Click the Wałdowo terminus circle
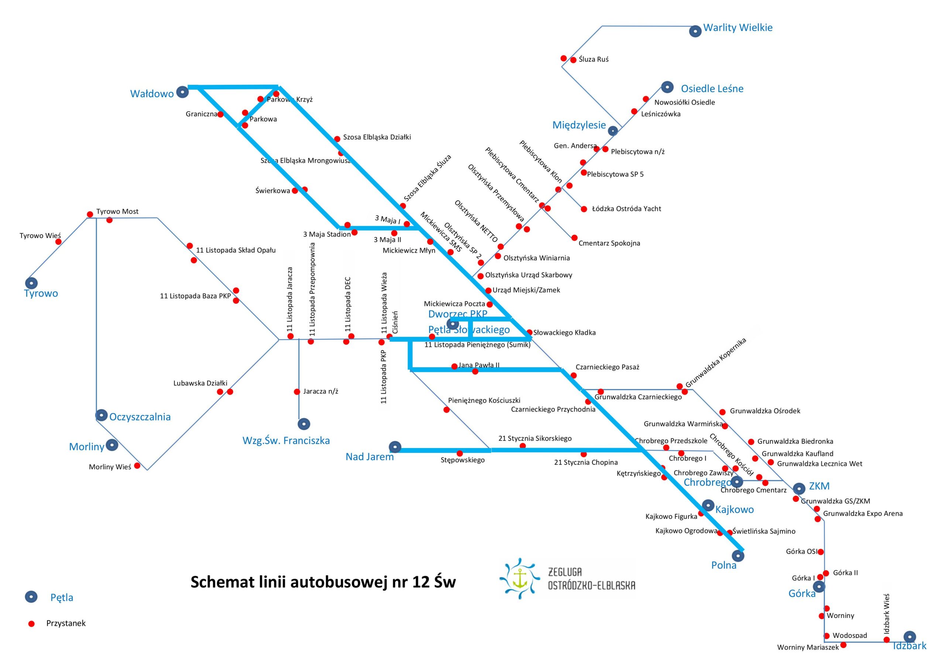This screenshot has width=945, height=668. click(182, 92)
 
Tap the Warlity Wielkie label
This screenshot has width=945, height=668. click(738, 28)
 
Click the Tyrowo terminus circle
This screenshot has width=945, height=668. click(31, 283)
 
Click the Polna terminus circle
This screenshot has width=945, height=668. click(740, 556)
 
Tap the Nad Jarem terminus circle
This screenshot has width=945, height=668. click(395, 447)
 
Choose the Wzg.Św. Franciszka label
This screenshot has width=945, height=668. click(286, 441)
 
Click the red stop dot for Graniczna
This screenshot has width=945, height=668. click(221, 114)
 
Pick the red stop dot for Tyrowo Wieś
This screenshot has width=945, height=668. click(58, 242)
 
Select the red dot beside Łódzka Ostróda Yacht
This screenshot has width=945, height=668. click(584, 209)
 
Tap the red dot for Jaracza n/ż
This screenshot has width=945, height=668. click(297, 392)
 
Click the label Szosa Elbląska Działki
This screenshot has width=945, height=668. click(377, 137)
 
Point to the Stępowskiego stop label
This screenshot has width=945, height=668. click(463, 460)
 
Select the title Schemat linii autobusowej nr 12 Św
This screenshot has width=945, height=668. click(323, 582)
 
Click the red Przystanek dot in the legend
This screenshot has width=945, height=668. click(31, 624)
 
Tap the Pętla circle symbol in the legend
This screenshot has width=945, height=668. click(31, 597)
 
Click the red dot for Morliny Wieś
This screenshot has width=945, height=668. click(137, 466)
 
